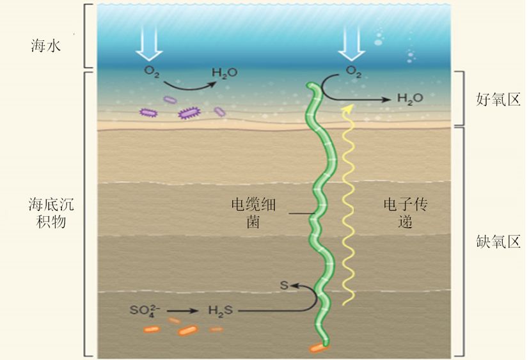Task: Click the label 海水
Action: coord(46,45)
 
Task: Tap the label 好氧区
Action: coord(498,100)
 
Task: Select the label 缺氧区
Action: coord(498,242)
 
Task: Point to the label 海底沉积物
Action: coord(51,213)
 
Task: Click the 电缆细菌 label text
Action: coord(253,213)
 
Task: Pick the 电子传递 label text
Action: coord(406,213)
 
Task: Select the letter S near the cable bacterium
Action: coord(284,285)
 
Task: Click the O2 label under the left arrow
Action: coord(152,72)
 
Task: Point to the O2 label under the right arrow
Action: coord(354,72)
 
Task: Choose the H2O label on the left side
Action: coord(225,72)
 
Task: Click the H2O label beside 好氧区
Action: coord(410,98)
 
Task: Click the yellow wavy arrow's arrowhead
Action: coord(349,109)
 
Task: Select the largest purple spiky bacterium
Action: coord(189,113)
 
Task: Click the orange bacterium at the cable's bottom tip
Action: coord(319,348)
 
